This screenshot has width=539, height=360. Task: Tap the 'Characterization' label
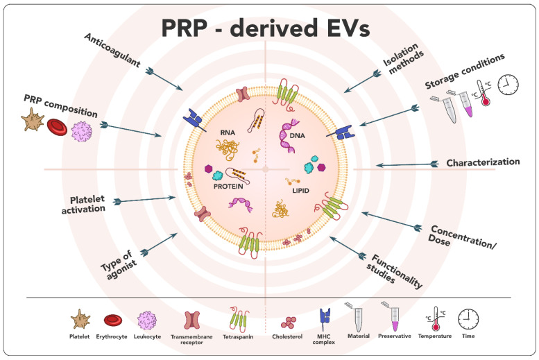tap(483, 162)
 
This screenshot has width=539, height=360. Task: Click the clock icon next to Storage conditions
tap(507, 83)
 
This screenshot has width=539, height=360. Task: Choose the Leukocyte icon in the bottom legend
tap(148, 320)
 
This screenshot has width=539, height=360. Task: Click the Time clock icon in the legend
tap(468, 318)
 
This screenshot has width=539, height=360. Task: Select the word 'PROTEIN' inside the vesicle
tap(229, 186)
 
